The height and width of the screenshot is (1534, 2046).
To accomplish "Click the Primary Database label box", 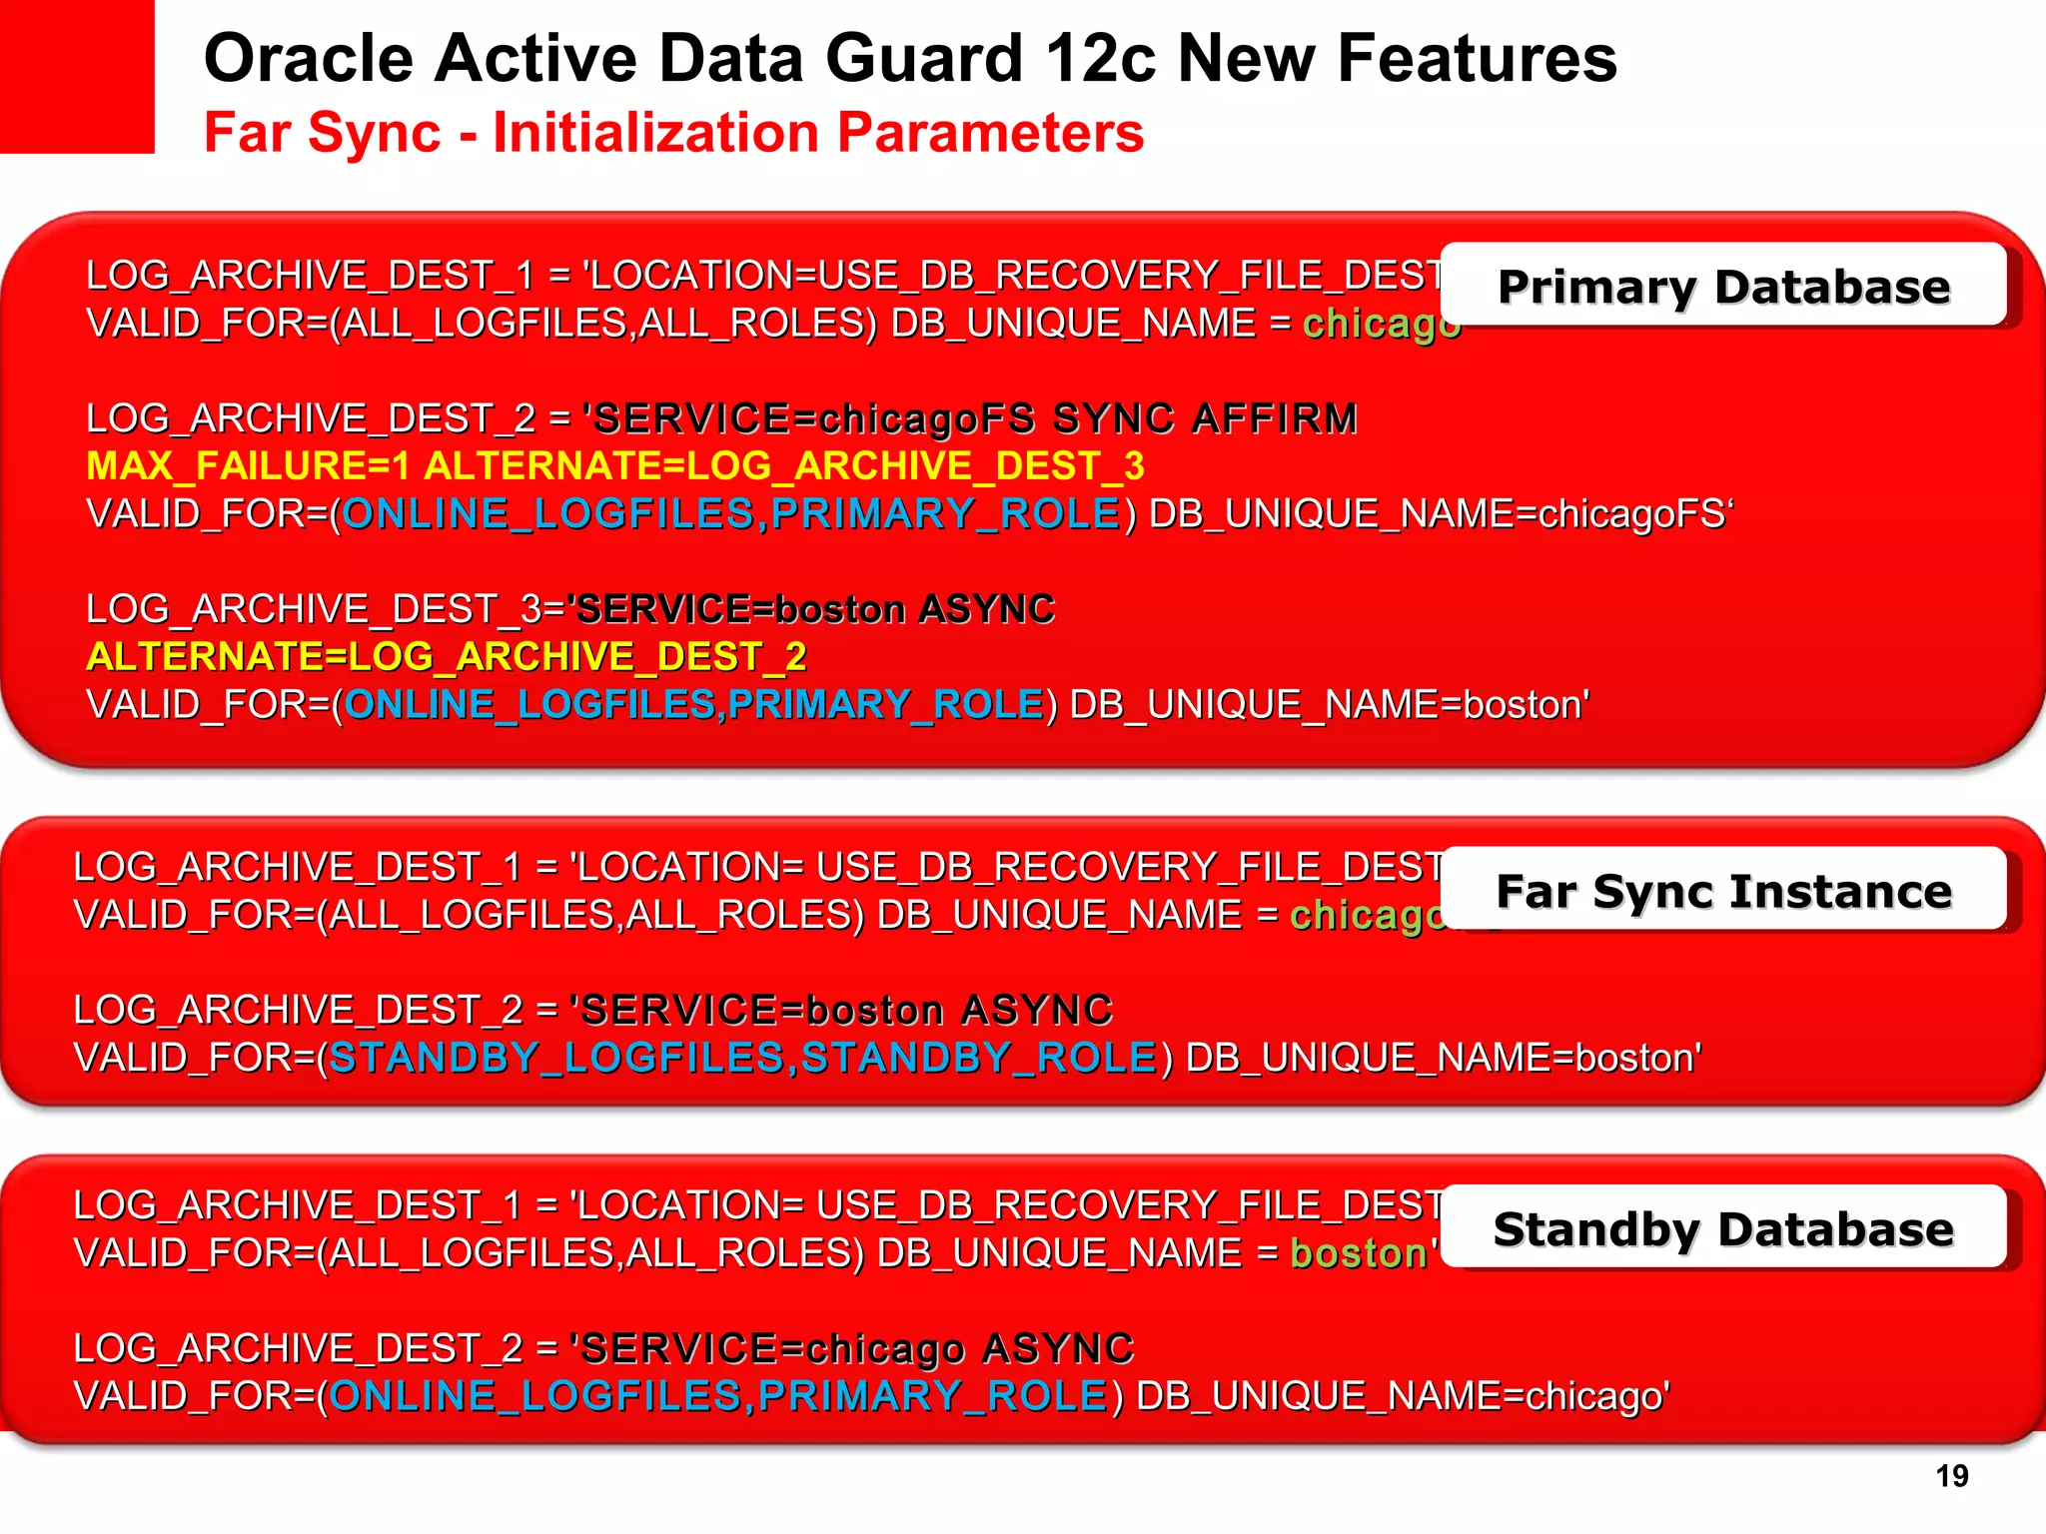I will (1723, 286).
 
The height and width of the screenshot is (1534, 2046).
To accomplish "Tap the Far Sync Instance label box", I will (1723, 890).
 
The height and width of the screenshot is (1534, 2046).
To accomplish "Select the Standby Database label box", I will (1723, 1227).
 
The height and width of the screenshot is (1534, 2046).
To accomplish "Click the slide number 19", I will (1951, 1475).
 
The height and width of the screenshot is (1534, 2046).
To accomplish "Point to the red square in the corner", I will (77, 76).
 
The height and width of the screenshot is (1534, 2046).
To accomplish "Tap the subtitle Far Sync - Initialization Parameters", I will (673, 133).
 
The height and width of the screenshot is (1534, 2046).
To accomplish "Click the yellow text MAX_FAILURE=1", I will (248, 466).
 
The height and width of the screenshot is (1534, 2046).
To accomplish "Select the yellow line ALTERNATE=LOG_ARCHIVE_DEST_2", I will (447, 657).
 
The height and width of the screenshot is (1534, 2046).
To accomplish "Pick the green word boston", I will (1359, 1253).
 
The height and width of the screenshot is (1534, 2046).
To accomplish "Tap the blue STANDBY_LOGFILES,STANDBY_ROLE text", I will (742, 1058).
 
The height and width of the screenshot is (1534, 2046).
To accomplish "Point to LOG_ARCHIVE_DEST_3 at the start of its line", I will (314, 609).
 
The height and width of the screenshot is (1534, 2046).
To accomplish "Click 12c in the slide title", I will (1100, 58).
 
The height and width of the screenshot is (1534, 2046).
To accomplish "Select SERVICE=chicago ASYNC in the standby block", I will (857, 1348).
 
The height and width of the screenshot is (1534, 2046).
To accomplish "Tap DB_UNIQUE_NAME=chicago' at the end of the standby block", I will (1403, 1396).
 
